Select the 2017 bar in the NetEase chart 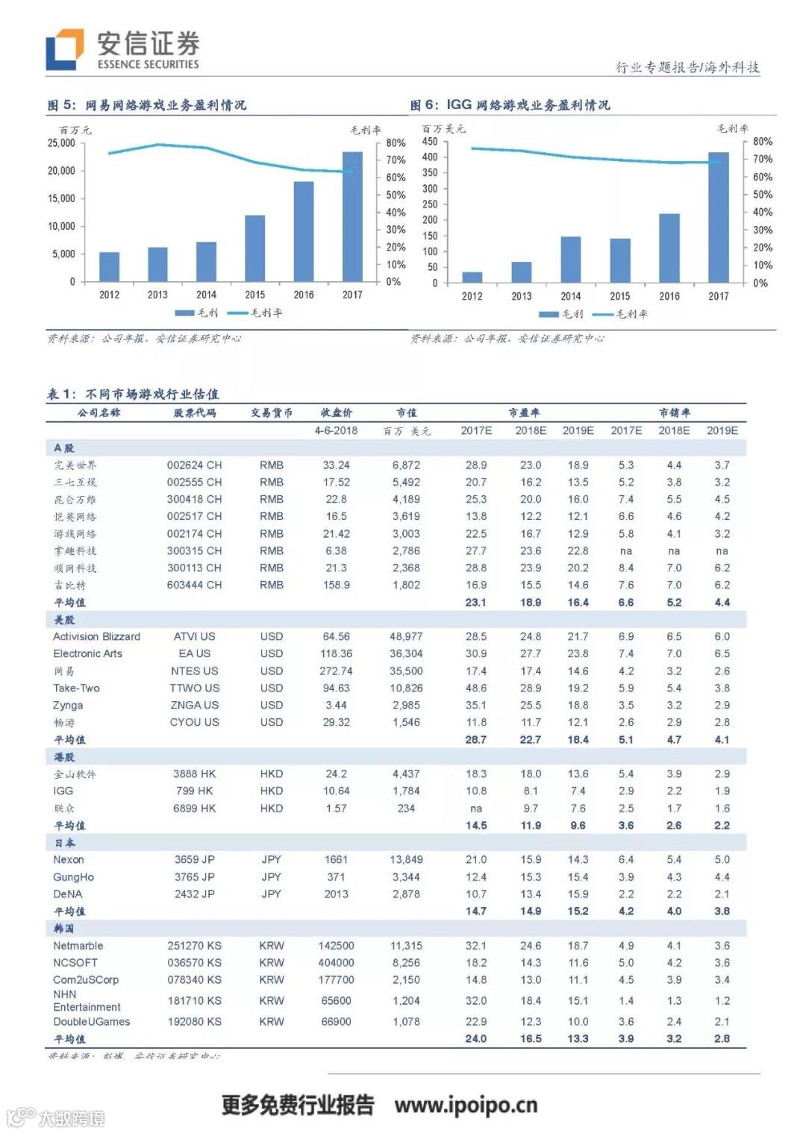352,216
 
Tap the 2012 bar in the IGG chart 472,277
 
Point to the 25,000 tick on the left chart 61,143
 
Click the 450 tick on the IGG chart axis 430,142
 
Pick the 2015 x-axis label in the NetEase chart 254,295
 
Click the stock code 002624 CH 194,465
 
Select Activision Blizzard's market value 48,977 406,636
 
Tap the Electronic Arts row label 87,653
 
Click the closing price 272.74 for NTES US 336,671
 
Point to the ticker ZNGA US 194,705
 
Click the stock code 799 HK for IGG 194,791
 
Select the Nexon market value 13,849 406,859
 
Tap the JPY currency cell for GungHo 272,877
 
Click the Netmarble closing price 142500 336,945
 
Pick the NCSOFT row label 75,962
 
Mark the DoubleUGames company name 91,1021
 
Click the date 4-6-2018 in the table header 336,430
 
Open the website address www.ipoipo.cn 466,1105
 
